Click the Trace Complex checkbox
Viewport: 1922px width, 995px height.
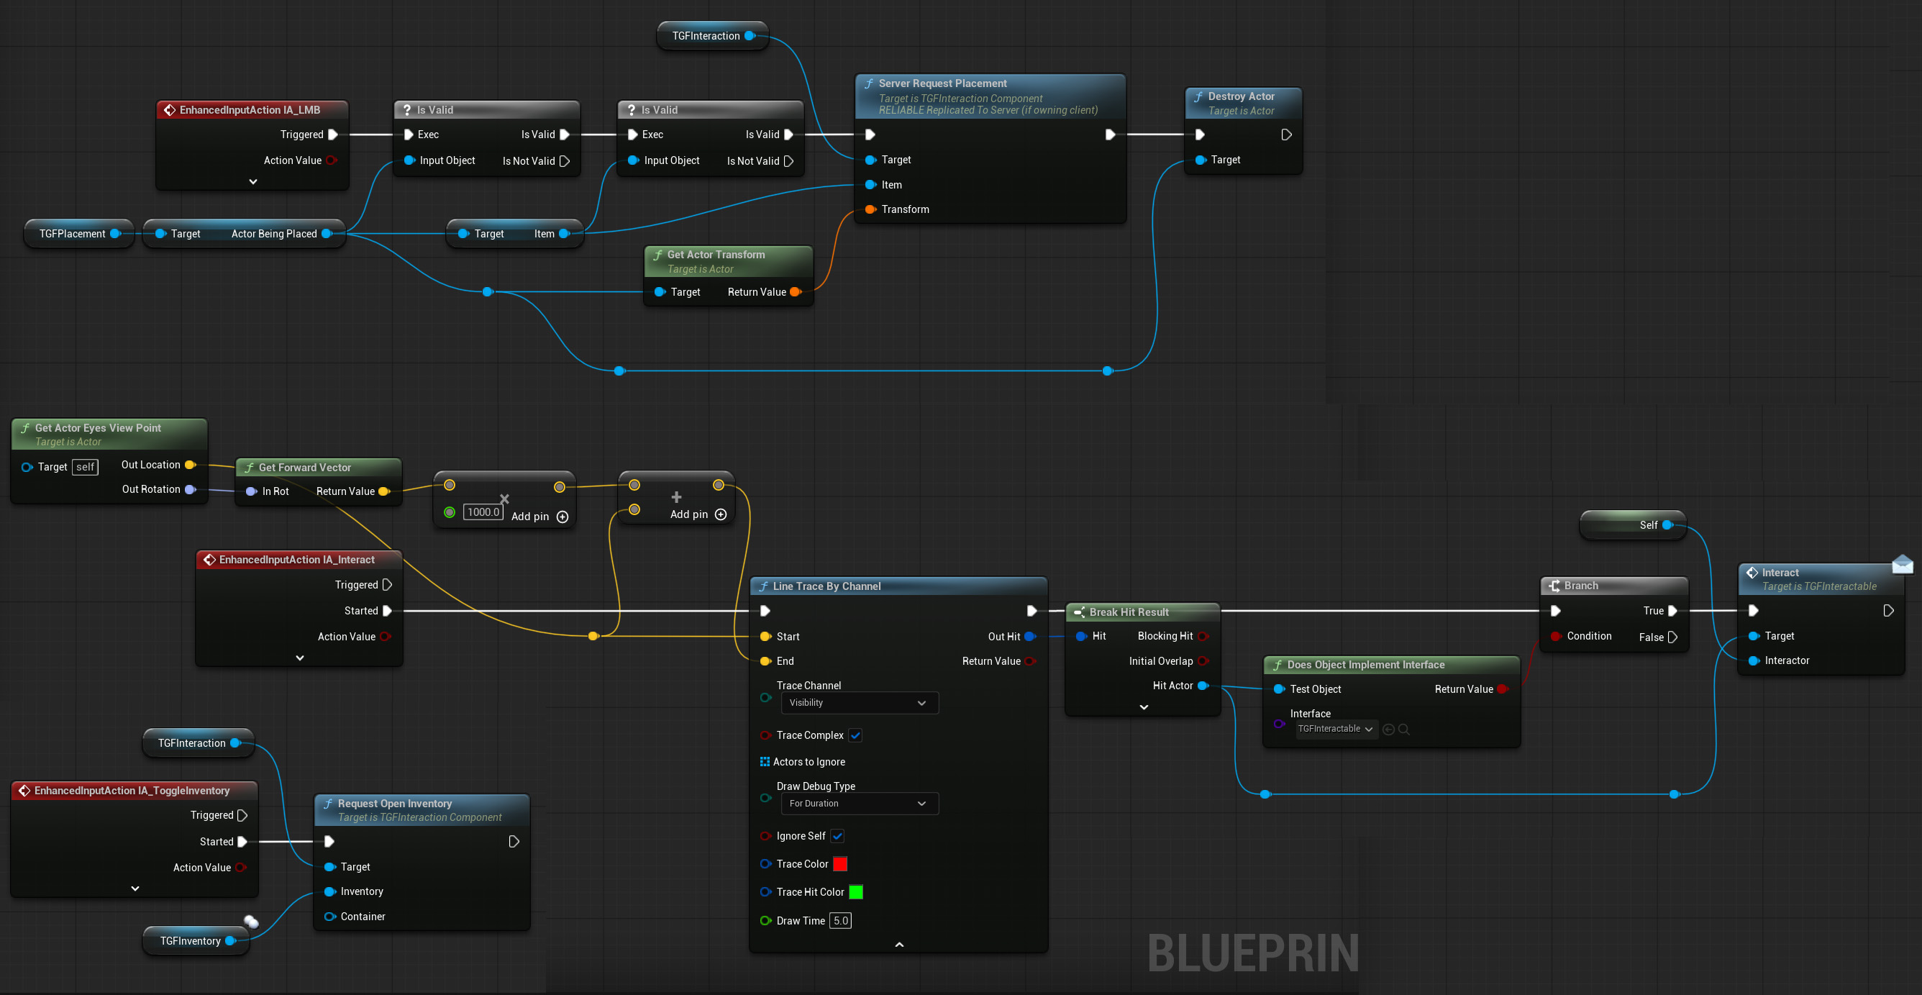[x=855, y=735]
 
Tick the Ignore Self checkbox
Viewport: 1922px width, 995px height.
[x=837, y=836]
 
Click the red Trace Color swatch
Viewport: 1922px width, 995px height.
[x=840, y=863]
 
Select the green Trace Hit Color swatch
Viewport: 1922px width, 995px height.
[x=856, y=892]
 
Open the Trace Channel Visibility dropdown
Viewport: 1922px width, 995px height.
[x=859, y=703]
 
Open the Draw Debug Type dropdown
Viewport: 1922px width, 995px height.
[x=859, y=804]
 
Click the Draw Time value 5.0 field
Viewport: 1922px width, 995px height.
[x=841, y=921]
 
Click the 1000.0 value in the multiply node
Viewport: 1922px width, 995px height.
[x=483, y=512]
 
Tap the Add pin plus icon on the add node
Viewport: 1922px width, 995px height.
[x=721, y=514]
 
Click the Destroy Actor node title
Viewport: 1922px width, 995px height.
[x=1241, y=96]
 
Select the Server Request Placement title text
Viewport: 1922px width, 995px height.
[x=942, y=83]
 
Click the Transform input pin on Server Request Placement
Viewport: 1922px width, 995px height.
[x=870, y=210]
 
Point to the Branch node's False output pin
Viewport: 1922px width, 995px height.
[x=1672, y=637]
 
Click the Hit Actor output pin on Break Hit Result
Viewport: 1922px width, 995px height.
[x=1203, y=686]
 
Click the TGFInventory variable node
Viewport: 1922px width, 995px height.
[x=196, y=941]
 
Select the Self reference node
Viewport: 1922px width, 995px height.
[x=1634, y=525]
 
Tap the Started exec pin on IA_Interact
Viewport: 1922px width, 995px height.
[x=387, y=612]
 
